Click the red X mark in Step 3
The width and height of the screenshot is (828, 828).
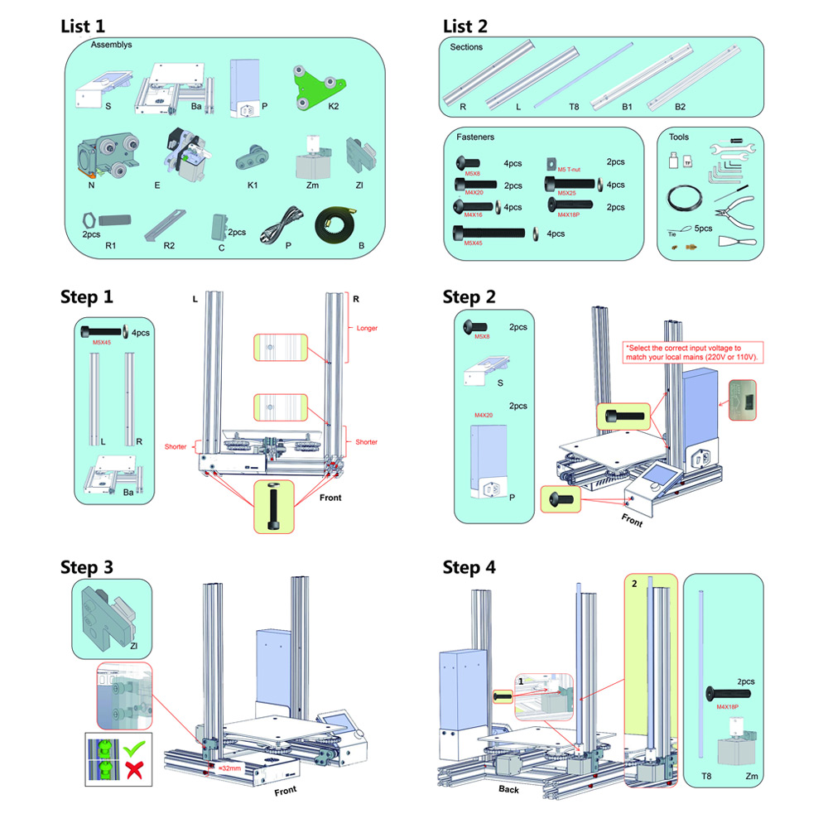click(132, 773)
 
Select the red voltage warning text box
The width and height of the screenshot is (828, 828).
click(694, 352)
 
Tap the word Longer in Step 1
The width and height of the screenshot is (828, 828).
click(367, 328)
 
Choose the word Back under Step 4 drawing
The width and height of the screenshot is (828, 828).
click(508, 789)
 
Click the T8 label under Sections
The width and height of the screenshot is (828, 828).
click(550, 107)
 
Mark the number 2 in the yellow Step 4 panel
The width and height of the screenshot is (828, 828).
click(634, 584)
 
